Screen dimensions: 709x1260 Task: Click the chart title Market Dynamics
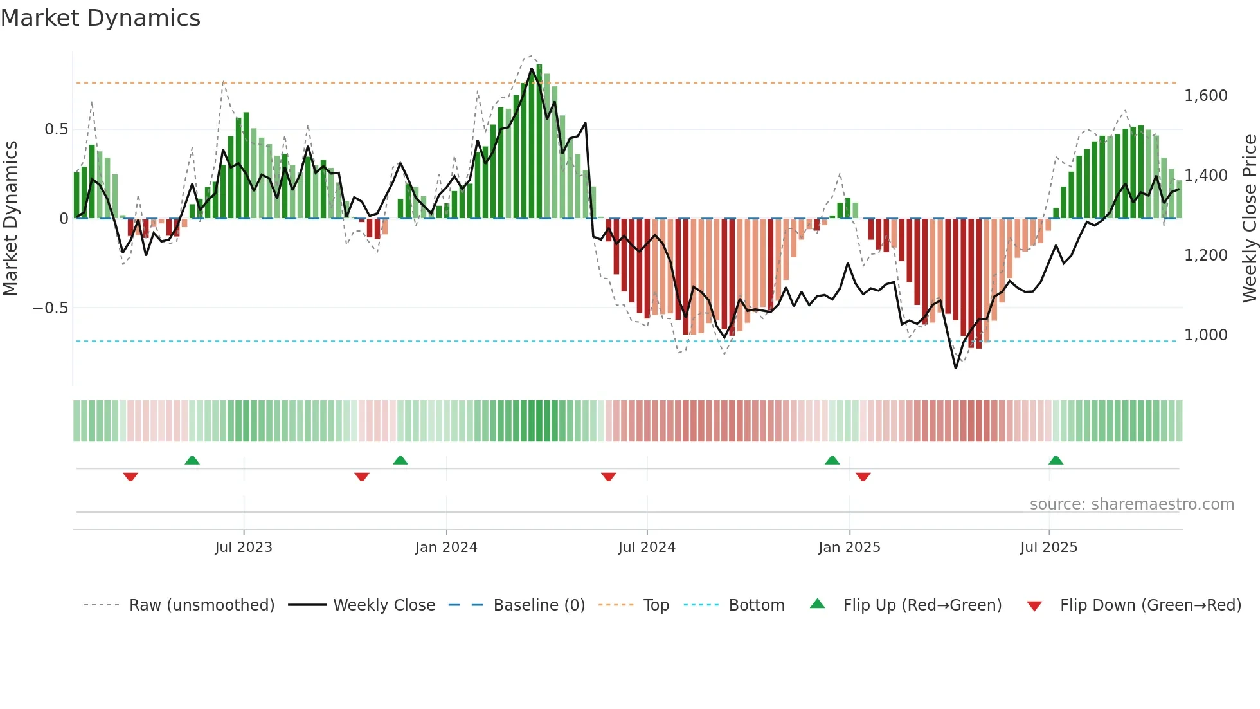coord(100,18)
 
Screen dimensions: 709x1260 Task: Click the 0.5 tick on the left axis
coord(56,129)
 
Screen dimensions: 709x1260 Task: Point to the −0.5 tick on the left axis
coord(50,308)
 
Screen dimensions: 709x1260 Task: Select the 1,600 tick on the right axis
coord(1205,96)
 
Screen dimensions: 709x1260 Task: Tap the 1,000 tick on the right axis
coord(1205,335)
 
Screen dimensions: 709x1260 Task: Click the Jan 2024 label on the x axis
coord(446,548)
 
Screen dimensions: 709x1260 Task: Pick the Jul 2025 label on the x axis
coord(1048,548)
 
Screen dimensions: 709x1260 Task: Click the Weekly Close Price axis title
coord(1249,218)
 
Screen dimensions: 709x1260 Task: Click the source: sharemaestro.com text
coord(1131,504)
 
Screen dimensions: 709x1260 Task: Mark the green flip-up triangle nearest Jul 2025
coord(1056,461)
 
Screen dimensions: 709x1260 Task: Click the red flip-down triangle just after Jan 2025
coord(863,477)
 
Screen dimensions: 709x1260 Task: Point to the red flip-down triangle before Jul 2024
coord(609,477)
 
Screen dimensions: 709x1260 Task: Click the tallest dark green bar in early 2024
coord(539,142)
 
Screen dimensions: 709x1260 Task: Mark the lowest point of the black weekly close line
coord(955,368)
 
